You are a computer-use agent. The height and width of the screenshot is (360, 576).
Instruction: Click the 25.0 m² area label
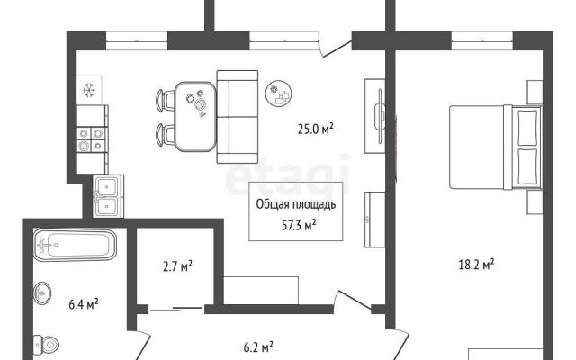[x=315, y=130]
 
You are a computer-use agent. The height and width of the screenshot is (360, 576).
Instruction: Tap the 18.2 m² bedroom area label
[x=476, y=265]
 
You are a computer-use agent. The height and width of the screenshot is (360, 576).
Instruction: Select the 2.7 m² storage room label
[x=178, y=266]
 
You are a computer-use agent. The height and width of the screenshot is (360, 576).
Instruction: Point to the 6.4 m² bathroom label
[x=84, y=304]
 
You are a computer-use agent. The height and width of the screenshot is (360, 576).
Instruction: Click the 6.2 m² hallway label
[x=258, y=347]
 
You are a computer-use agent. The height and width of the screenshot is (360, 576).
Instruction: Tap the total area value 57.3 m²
[x=299, y=225]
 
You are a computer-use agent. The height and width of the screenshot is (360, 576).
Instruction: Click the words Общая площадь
[x=296, y=205]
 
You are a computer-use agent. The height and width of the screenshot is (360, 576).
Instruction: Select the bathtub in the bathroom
[x=75, y=245]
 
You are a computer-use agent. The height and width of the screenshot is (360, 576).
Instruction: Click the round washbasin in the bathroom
[x=42, y=292]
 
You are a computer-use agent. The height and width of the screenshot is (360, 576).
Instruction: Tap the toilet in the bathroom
[x=46, y=345]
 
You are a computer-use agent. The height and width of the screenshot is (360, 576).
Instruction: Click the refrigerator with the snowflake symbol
[x=89, y=90]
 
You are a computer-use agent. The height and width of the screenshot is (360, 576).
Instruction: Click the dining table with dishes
[x=195, y=116]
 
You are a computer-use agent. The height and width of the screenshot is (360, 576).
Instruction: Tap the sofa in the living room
[x=238, y=117]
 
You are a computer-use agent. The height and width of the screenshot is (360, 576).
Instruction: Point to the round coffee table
[x=279, y=94]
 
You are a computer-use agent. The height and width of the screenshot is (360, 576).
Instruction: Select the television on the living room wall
[x=380, y=115]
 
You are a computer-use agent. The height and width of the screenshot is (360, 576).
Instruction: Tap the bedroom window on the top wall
[x=482, y=40]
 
